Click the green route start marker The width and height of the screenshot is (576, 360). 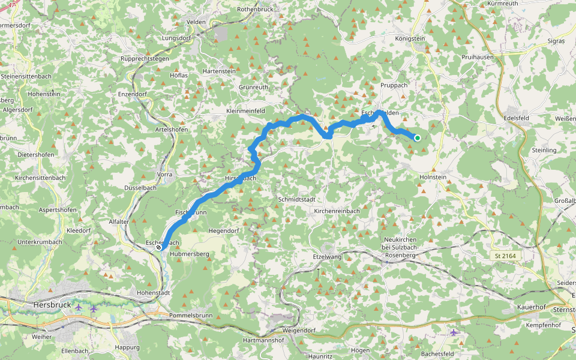click(417, 138)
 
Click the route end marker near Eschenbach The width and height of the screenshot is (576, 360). click(158, 247)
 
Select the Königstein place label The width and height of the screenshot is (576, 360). click(410, 38)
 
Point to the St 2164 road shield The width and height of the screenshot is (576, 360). click(505, 256)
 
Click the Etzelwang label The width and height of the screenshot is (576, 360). click(326, 256)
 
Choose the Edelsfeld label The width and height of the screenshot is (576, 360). click(519, 118)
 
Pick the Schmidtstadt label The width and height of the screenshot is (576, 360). click(296, 199)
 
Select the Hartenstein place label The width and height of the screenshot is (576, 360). click(219, 71)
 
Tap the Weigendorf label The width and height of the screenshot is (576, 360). click(298, 330)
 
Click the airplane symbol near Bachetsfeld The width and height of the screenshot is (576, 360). click(454, 332)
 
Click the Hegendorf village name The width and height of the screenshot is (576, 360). click(223, 230)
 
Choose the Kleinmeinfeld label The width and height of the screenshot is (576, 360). click(246, 111)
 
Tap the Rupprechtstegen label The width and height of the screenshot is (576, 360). click(146, 59)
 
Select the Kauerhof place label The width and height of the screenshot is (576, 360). click(530, 307)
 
